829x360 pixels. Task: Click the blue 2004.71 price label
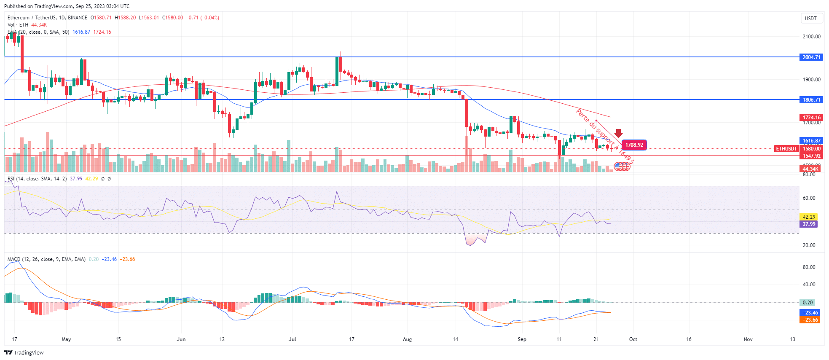tap(811, 57)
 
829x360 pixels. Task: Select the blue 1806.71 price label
tap(811, 100)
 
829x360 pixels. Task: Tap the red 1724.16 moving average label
tap(811, 118)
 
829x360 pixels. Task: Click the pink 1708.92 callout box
tap(634, 145)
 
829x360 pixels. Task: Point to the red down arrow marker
tap(619, 133)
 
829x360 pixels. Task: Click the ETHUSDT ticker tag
tap(786, 149)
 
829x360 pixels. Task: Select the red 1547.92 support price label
tap(811, 156)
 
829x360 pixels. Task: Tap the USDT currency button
tap(810, 19)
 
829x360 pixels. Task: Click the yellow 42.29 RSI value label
tap(808, 217)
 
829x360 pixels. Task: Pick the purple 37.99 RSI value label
tap(808, 224)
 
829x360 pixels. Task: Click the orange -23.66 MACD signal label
tap(809, 320)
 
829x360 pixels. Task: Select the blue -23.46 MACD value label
tap(809, 313)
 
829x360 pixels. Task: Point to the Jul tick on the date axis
tap(292, 339)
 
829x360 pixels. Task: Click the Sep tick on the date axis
tap(522, 339)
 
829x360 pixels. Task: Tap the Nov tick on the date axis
tap(748, 339)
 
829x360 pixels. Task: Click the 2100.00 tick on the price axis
tap(811, 37)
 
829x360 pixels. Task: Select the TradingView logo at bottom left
tap(24, 353)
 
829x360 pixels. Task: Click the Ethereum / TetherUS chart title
tap(47, 18)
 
